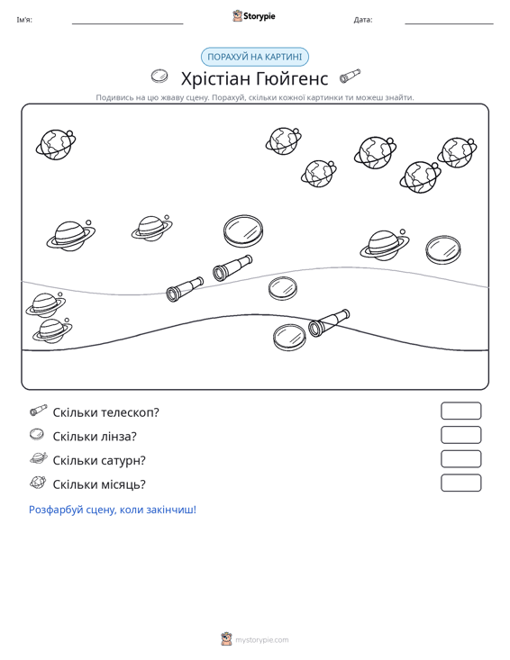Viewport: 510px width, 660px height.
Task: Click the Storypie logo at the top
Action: [254, 16]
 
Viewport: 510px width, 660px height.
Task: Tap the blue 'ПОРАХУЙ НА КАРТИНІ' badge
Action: [255, 57]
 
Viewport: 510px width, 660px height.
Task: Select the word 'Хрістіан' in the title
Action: [215, 78]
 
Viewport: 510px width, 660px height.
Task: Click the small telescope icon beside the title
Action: [351, 76]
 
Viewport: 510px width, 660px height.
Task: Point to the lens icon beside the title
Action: [159, 77]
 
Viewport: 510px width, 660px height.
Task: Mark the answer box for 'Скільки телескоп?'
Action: [460, 411]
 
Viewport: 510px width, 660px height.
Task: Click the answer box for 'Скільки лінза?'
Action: [460, 435]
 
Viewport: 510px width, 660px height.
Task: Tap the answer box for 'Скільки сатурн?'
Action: [460, 459]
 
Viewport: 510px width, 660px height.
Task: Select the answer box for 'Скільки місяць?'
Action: [460, 483]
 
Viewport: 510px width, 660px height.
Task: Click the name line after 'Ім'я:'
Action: [128, 24]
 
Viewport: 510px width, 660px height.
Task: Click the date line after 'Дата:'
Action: [449, 24]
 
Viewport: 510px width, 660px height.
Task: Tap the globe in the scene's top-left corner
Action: [56, 144]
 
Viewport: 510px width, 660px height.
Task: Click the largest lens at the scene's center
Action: [243, 231]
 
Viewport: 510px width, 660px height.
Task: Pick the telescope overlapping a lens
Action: [329, 323]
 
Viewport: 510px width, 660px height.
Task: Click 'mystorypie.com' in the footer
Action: [262, 640]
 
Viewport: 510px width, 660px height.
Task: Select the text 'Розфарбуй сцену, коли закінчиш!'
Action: [113, 510]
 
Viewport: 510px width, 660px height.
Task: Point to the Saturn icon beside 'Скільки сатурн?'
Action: [39, 458]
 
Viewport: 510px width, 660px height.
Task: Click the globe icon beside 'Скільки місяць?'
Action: [38, 483]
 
